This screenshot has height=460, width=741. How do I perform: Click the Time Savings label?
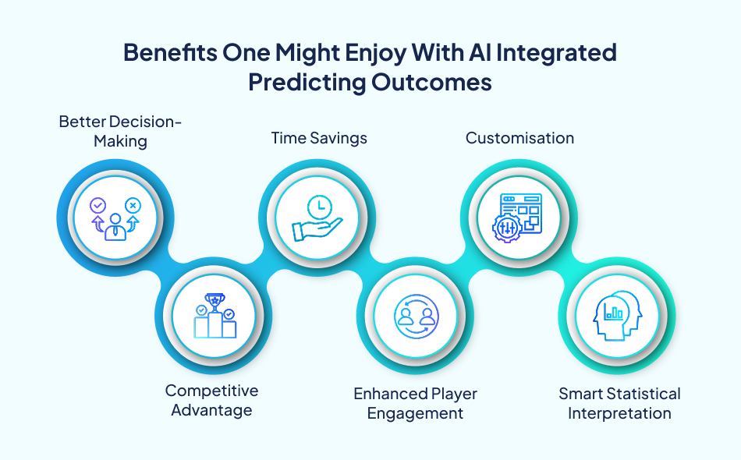319,138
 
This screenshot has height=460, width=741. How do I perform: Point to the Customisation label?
519,138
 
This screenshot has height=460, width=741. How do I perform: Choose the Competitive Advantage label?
211,399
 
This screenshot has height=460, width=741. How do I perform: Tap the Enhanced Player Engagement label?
415,403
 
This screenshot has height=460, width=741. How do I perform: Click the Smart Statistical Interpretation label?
619,403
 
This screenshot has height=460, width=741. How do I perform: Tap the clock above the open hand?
319,207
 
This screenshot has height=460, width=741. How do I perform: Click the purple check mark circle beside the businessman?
97,206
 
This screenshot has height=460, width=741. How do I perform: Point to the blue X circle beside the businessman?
133,206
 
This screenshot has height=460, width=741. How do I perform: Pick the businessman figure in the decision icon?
115,226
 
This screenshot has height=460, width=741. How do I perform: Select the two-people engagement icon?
415,317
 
